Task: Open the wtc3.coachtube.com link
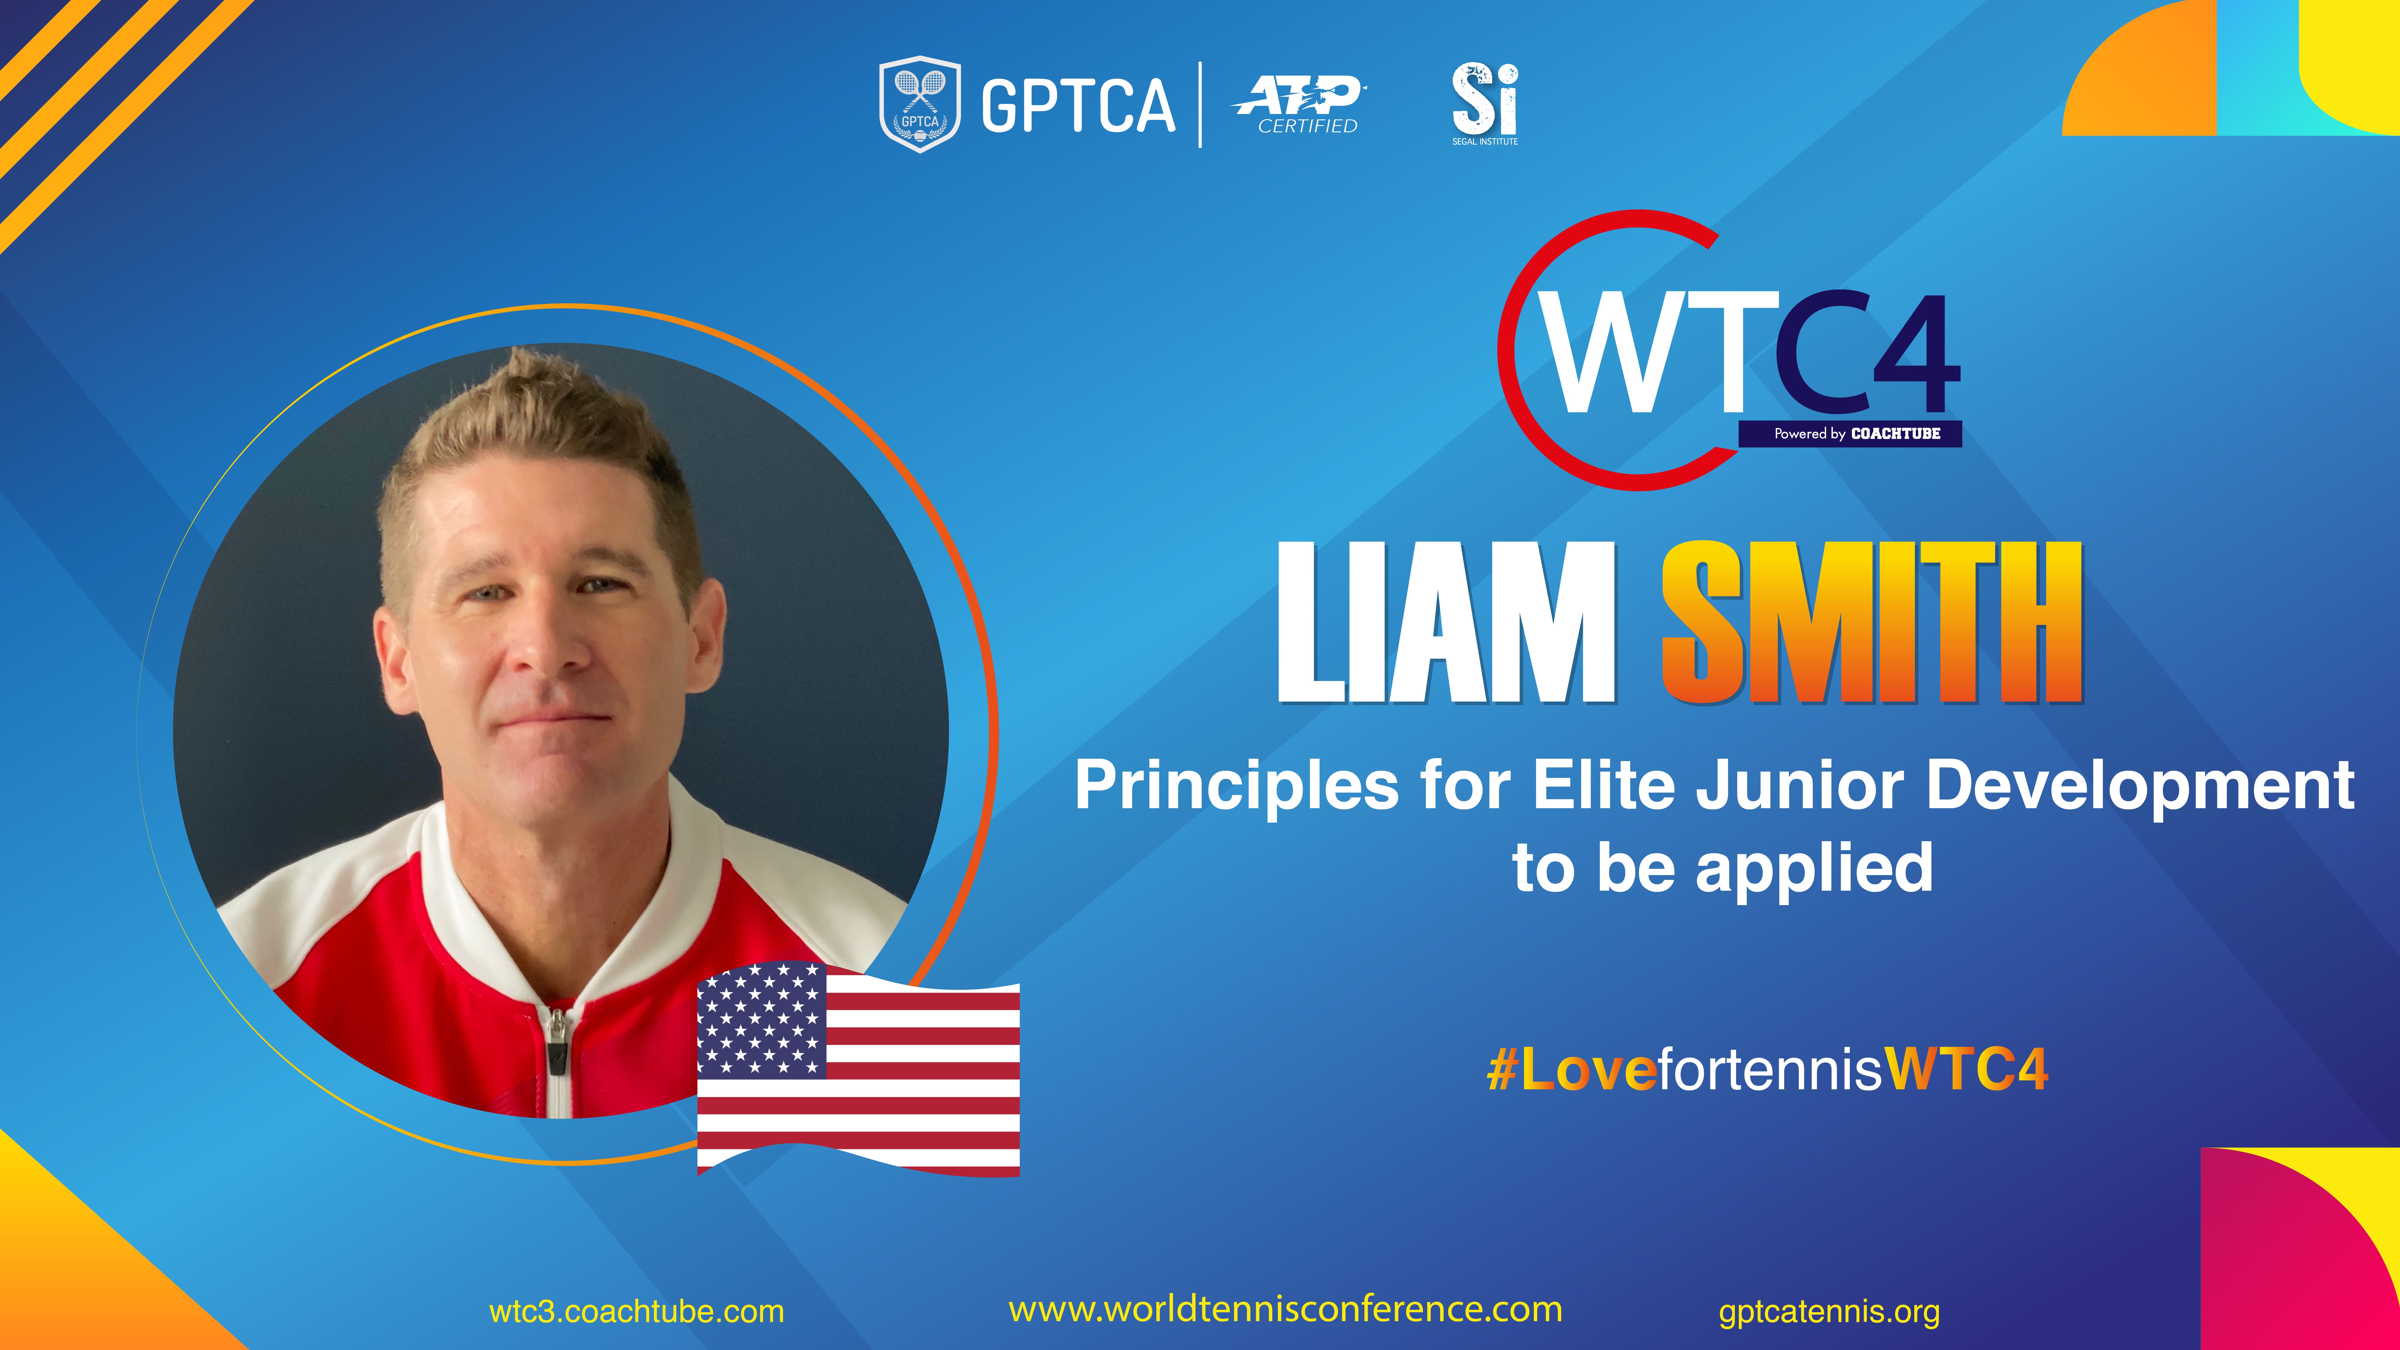pos(636,1312)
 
